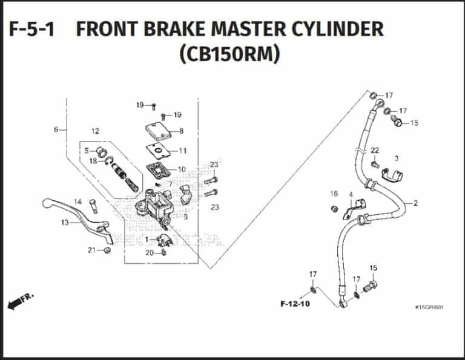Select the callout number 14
pyautogui.click(x=77, y=201)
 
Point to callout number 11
pyautogui.click(x=182, y=151)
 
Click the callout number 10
pyautogui.click(x=182, y=169)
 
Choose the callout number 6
pyautogui.click(x=56, y=129)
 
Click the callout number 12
pyautogui.click(x=95, y=131)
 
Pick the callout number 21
pyautogui.click(x=91, y=250)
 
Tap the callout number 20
pyautogui.click(x=149, y=253)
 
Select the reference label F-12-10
pyautogui.click(x=295, y=304)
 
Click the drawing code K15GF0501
pyautogui.click(x=430, y=307)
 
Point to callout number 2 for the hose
pyautogui.click(x=415, y=203)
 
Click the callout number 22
pyautogui.click(x=375, y=150)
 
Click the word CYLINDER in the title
pyautogui.click(x=329, y=29)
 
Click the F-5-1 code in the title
pyautogui.click(x=31, y=29)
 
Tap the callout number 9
pyautogui.click(x=185, y=217)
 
